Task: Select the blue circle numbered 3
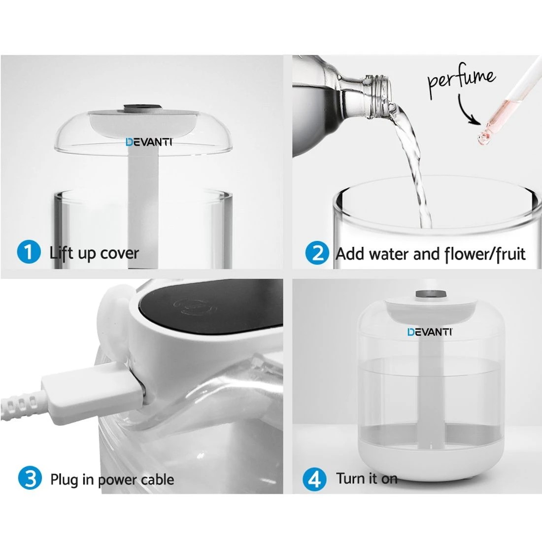click(x=30, y=479)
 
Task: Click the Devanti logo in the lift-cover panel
click(x=148, y=143)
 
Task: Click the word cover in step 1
click(x=119, y=254)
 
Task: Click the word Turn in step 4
click(x=350, y=478)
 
